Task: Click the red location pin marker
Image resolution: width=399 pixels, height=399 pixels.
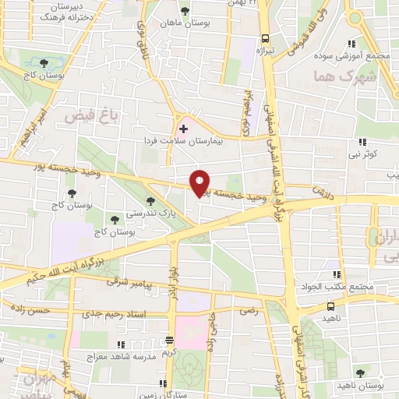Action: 200,183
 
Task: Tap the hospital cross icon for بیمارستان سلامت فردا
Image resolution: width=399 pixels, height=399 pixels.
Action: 183,128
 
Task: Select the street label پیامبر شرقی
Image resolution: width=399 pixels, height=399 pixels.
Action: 144,287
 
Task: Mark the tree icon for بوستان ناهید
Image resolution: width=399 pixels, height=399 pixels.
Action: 360,374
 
